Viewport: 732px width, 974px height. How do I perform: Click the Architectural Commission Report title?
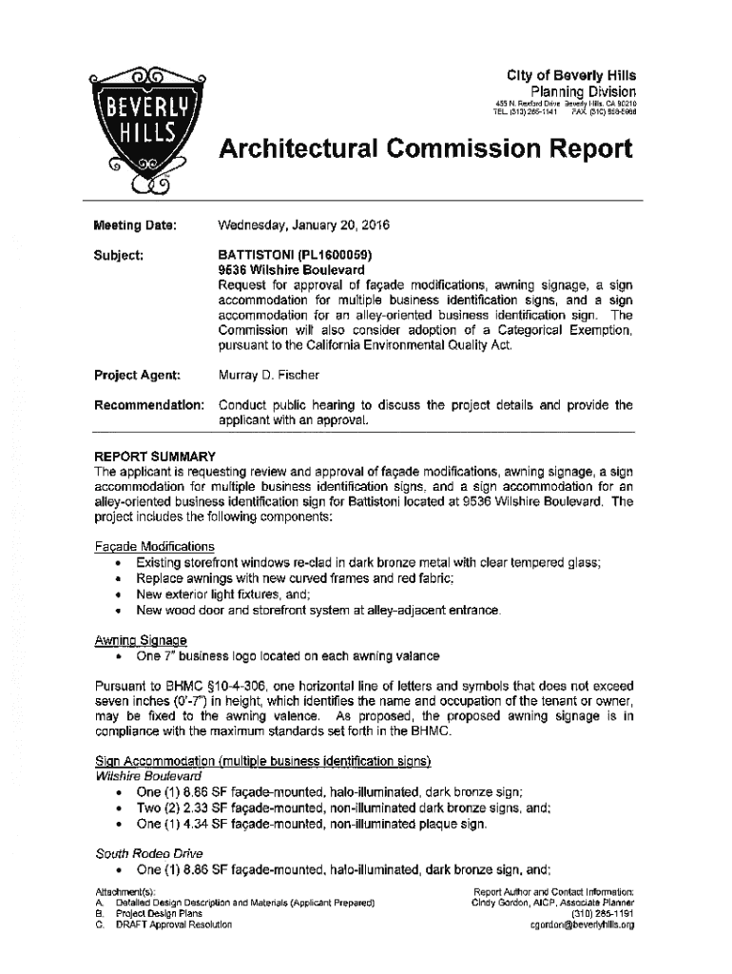tap(425, 149)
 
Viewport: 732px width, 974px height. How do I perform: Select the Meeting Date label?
tap(134, 225)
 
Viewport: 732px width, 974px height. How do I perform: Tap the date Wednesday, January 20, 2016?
tap(303, 225)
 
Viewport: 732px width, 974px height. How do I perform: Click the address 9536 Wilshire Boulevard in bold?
tap(286, 269)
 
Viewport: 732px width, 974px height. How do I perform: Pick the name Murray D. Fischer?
tap(269, 374)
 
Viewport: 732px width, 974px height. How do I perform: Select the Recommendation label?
tap(148, 404)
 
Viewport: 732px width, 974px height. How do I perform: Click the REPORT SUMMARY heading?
tap(154, 456)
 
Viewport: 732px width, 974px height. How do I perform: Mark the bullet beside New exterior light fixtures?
tap(115, 594)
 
